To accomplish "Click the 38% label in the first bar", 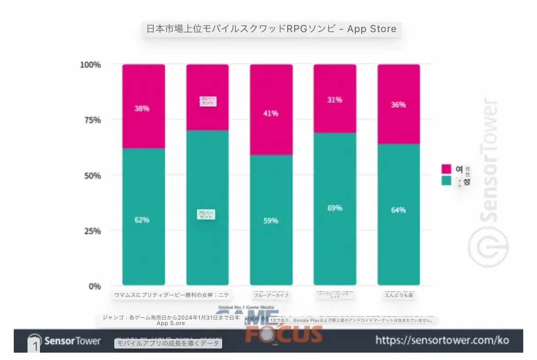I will [142, 109].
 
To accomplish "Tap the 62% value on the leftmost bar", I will [142, 220].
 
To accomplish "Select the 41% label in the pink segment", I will [271, 113].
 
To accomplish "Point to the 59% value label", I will [271, 221].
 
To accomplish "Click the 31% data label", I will [335, 100].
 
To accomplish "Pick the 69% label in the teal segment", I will [335, 208].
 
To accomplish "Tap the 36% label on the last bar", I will [398, 105].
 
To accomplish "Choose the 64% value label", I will [398, 210].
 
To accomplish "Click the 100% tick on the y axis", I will [90, 65].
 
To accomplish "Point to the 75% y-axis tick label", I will [91, 120].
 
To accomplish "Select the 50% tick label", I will [91, 176].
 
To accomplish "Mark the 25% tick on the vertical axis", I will [91, 231].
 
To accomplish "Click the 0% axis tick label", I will [94, 287].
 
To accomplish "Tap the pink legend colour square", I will [446, 169].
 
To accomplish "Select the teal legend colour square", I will [446, 180].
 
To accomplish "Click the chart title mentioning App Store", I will [271, 29].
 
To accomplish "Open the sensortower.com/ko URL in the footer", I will [442, 340].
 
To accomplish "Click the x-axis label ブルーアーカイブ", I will [271, 295].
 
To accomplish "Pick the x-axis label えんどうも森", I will [399, 295].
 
